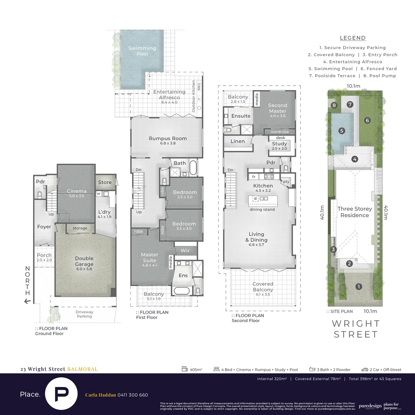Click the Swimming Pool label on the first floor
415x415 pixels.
click(142, 51)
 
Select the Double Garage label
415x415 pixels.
click(84, 261)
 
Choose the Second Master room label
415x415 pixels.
click(277, 108)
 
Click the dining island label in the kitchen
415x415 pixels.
click(262, 209)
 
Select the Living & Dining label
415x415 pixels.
click(256, 237)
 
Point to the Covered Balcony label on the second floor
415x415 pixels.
click(263, 287)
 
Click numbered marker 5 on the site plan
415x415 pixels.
click(342, 131)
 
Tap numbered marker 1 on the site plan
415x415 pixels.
click(359, 286)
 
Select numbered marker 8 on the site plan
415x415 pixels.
click(334, 105)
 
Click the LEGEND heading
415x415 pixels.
click(353, 38)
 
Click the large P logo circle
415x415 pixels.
click(62, 394)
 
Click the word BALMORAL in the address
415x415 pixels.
click(82, 369)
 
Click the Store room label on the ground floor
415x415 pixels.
click(105, 183)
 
